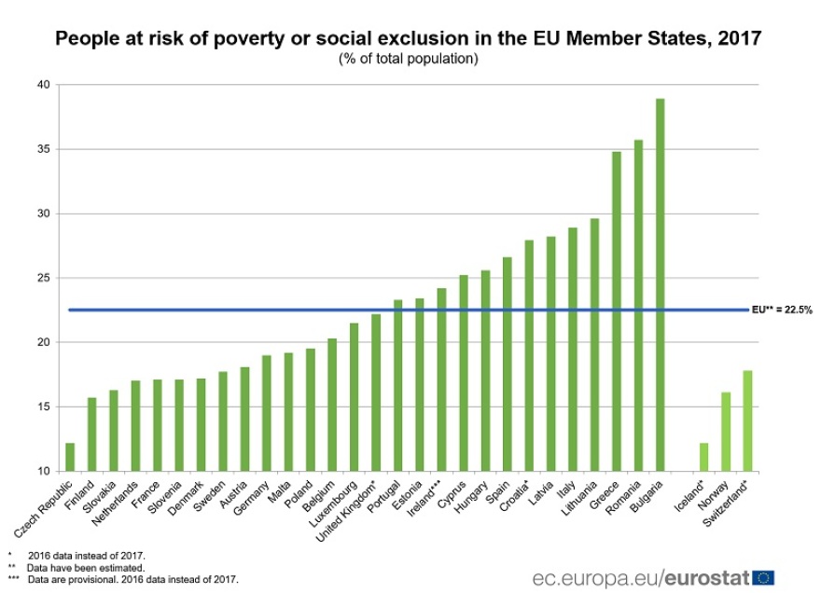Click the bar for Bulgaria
point(660,284)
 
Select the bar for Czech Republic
point(70,457)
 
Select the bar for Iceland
point(703,457)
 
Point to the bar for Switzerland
point(747,421)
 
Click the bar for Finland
point(91,434)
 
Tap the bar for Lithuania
point(594,344)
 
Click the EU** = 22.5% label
point(782,310)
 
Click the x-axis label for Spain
point(498,493)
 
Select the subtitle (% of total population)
point(409,58)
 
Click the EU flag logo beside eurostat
point(763,578)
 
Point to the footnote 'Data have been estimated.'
point(85,567)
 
